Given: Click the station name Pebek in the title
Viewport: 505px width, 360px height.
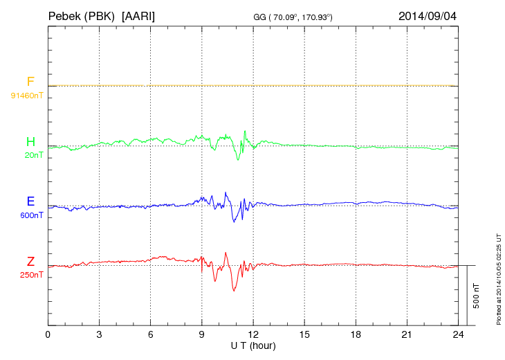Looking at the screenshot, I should point(64,15).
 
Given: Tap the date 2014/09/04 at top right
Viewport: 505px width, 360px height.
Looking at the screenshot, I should point(427,15).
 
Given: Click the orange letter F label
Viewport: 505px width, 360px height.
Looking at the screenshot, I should point(30,82).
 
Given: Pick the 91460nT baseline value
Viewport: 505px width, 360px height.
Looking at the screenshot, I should point(26,95).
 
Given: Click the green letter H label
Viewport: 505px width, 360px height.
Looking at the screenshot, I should point(30,142).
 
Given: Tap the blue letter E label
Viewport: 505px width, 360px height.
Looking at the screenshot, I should point(30,201).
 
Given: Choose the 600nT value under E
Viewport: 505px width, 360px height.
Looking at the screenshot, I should point(31,215).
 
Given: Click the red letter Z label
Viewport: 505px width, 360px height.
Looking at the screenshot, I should point(30,262).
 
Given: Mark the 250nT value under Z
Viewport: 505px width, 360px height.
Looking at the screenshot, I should point(31,275).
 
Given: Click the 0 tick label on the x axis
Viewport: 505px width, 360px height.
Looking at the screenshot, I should point(48,334).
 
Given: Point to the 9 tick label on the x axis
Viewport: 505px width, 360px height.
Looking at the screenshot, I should point(202,334).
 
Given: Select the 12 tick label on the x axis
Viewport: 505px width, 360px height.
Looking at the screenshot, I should point(253,334).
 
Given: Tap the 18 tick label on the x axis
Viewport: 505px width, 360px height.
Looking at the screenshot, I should point(356,334).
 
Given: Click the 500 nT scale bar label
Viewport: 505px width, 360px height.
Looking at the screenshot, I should point(477,296).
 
